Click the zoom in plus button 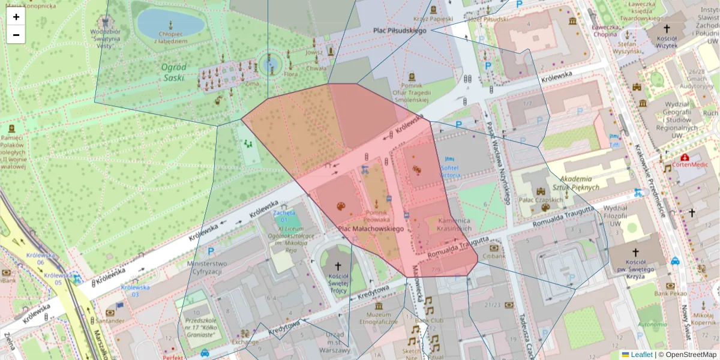click(16, 17)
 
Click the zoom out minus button click(16, 35)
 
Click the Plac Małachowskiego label click(371, 229)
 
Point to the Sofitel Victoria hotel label click(450, 171)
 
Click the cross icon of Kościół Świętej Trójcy click(337, 265)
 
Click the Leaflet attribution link click(641, 355)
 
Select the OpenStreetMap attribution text click(687, 355)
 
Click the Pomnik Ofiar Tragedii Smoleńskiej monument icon click(412, 77)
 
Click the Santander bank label click(109, 321)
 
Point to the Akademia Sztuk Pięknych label click(575, 183)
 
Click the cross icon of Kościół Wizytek click(666, 29)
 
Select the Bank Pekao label click(670, 293)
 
